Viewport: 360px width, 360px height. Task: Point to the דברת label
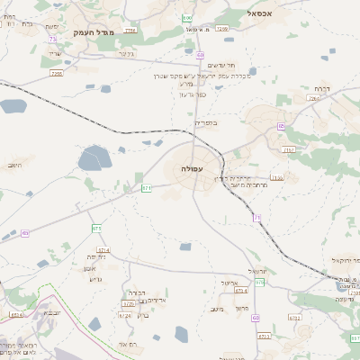[x=323, y=89]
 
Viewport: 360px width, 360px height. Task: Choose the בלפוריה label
[x=207, y=122]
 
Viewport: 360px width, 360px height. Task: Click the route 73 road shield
[x=53, y=40]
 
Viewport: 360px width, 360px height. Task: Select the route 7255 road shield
[x=57, y=74]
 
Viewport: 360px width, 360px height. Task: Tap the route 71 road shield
[x=256, y=218]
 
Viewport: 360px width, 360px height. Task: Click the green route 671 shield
[x=147, y=188]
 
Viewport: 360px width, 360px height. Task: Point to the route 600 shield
[x=187, y=18]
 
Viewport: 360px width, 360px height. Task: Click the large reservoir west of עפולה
[x=94, y=161]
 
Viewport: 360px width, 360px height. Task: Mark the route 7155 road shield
[x=276, y=178]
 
